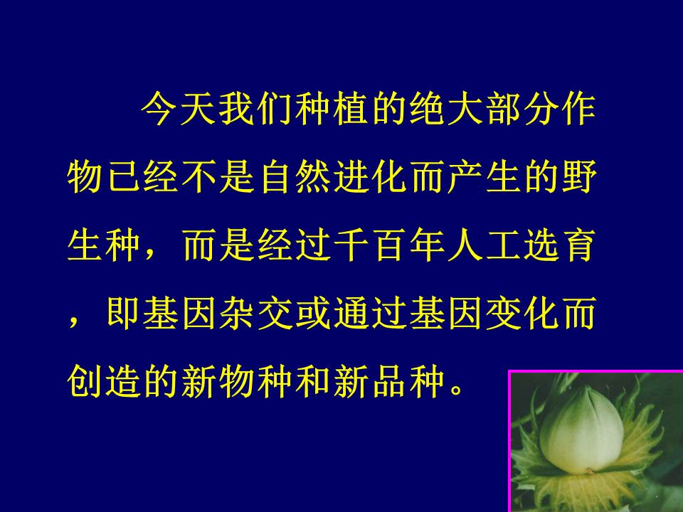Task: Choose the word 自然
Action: (294, 177)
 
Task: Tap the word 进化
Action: (370, 177)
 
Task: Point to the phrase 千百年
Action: (389, 245)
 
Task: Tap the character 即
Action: (123, 313)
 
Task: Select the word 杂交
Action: (255, 313)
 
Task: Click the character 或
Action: (313, 313)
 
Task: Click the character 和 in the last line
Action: (313, 381)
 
